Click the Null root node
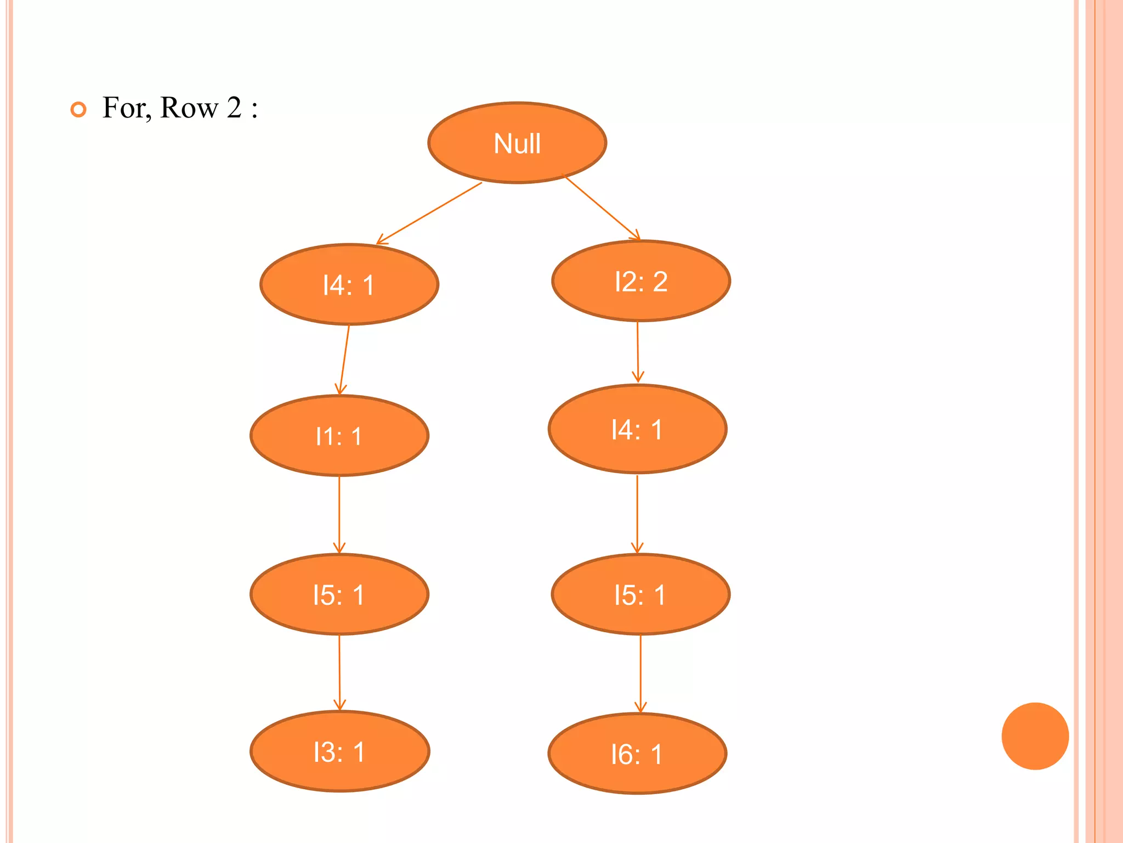coord(517,143)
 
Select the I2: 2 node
coord(640,281)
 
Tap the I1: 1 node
coord(339,436)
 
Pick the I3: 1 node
coord(339,751)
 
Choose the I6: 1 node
coord(637,754)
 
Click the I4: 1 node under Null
coord(349,284)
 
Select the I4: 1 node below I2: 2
coord(637,429)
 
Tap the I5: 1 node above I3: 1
coord(339,594)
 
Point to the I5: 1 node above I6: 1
coord(640,594)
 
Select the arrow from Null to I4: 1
coord(429,213)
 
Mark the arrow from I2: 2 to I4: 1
coord(637,352)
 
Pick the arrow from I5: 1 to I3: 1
coord(339,672)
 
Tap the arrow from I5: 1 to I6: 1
coord(640,673)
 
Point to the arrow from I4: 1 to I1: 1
coord(344,359)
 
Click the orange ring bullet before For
coord(78,109)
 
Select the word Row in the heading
coord(189,108)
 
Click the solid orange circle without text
coord(1035,736)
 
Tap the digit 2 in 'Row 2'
coord(234,107)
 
